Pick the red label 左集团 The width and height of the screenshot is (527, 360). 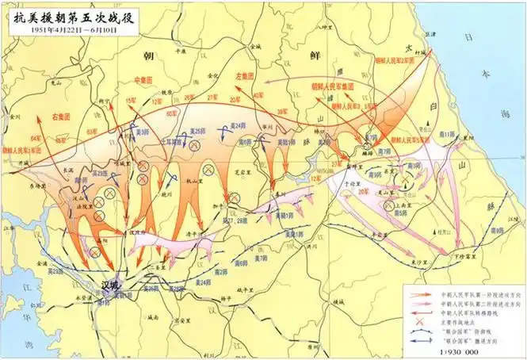tap(245, 76)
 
